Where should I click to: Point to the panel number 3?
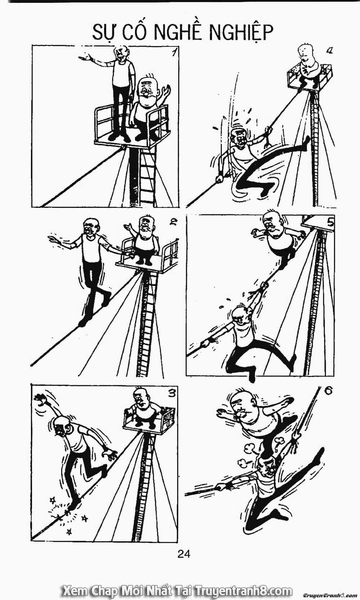tap(172, 393)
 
